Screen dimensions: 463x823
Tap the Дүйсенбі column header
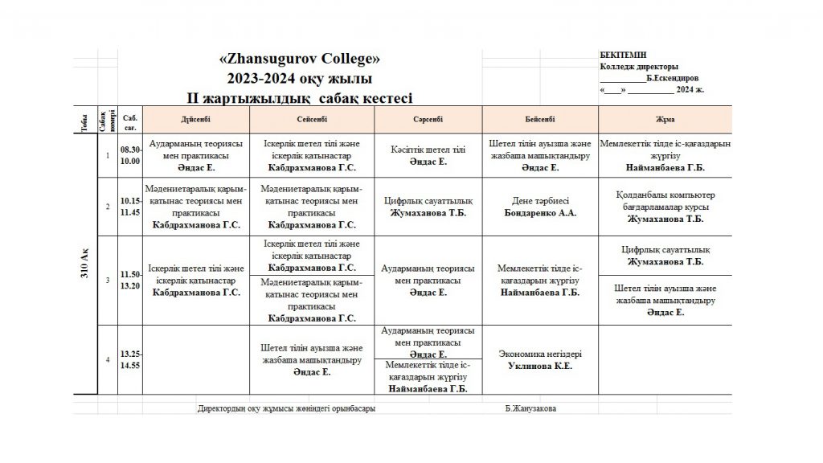tap(196, 119)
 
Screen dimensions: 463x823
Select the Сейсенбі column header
tap(312, 119)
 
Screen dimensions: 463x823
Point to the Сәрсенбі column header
tap(427, 119)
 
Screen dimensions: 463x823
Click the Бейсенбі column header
tap(539, 119)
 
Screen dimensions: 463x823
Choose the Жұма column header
tap(665, 119)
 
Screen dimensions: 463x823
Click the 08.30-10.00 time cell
tap(130, 155)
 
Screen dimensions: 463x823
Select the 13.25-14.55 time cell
tap(130, 359)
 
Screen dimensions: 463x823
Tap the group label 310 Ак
tap(84, 264)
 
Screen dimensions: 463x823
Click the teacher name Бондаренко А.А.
tap(539, 213)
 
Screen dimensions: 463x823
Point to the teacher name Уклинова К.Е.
tap(540, 366)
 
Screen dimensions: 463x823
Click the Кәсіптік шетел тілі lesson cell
tap(427, 150)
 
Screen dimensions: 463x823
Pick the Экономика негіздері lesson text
tap(540, 354)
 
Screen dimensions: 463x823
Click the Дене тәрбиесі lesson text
tap(539, 201)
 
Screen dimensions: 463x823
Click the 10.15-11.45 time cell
tap(130, 207)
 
